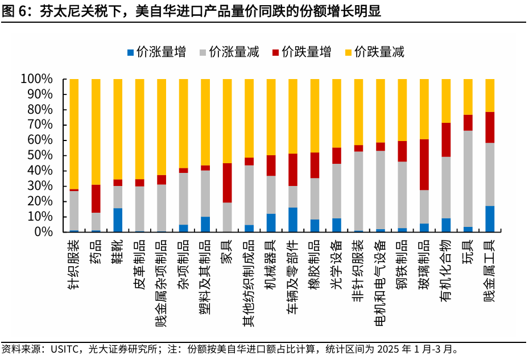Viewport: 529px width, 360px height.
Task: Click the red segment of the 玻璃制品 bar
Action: (x=424, y=164)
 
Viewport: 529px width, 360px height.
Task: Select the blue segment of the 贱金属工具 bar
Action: (x=489, y=219)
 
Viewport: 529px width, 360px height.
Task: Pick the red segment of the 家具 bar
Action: (x=227, y=183)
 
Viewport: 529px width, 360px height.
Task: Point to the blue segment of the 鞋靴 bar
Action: (x=118, y=220)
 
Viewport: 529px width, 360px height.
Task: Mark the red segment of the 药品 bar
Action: (x=96, y=198)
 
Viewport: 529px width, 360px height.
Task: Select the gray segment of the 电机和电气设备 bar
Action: (x=380, y=190)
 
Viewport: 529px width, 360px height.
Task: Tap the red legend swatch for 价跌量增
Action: (x=276, y=52)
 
